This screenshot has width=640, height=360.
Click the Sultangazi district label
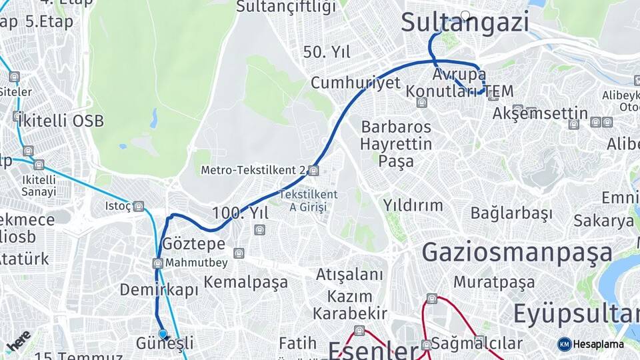point(465,22)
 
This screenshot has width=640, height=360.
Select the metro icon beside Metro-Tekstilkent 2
point(314,171)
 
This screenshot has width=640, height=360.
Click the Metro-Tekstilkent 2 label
point(253,171)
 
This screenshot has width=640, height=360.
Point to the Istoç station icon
point(139,207)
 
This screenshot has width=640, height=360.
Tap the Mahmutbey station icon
point(158,263)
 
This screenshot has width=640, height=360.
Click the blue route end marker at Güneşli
point(163,333)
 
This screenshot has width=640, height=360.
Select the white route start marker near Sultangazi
point(465,15)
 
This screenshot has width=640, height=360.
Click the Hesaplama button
point(591,344)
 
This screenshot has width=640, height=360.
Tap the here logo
point(18,341)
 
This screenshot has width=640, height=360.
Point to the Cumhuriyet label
point(355,83)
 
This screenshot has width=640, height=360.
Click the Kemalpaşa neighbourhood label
point(246,282)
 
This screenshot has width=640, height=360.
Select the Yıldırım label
point(413,205)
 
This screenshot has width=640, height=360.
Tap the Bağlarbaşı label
point(511,213)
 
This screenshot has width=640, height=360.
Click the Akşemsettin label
point(540,114)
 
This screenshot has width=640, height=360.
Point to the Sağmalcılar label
point(477,343)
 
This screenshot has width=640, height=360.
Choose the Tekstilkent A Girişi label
point(309,201)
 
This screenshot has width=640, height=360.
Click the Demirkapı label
point(159,290)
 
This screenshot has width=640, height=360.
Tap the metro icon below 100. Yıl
point(259,231)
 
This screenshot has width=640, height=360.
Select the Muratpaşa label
point(494,282)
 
